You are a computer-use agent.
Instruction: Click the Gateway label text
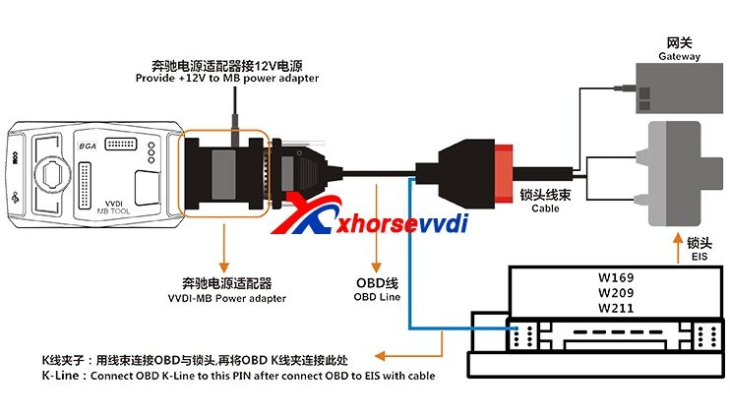click(x=679, y=57)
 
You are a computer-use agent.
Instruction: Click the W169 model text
click(x=614, y=275)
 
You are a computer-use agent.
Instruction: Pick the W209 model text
click(x=614, y=291)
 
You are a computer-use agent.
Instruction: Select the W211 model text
click(x=614, y=307)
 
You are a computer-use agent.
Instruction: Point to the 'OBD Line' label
click(x=378, y=296)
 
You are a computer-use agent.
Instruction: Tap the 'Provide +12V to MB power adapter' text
click(x=226, y=78)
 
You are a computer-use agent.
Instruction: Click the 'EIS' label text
click(x=700, y=258)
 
